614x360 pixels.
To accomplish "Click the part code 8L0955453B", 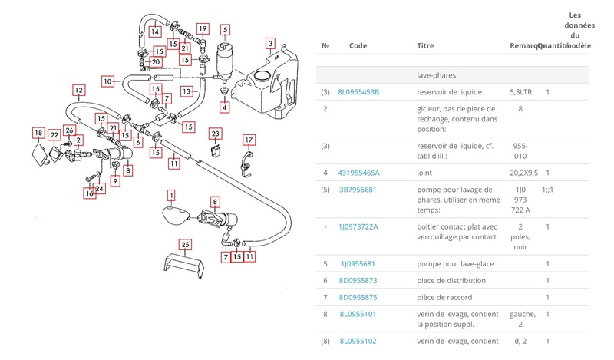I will coord(359,92).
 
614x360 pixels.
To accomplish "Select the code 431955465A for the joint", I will coord(360,173).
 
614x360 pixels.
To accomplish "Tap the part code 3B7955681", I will coord(358,190).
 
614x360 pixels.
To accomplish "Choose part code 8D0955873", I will coord(358,280).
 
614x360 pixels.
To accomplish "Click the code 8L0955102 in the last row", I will coord(358,340).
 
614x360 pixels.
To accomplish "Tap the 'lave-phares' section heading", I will coord(434,76).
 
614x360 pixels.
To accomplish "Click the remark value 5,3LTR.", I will coord(523,92).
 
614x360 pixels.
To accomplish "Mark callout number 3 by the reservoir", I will coord(270,42).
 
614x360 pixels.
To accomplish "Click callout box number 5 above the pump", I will coord(225,31).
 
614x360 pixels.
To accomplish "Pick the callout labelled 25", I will coord(184,244).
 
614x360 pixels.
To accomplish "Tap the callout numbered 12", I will coord(78,89).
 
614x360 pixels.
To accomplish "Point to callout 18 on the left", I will coord(38,134).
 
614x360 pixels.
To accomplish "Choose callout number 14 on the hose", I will coord(155,32).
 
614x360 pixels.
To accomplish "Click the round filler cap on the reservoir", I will coord(262,75).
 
